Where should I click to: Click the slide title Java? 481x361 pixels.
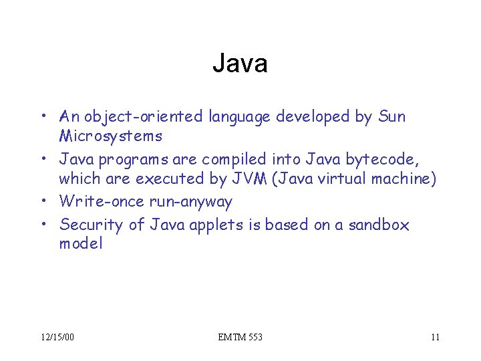coord(240,64)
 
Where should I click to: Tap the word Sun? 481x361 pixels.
coord(391,117)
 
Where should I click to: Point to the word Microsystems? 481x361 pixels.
coord(110,136)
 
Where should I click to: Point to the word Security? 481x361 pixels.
coord(91,225)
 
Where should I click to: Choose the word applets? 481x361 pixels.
coord(220,225)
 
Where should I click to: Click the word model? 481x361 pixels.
coord(81,243)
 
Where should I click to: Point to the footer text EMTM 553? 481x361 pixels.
coord(240,337)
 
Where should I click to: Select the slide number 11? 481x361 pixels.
coord(435,337)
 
